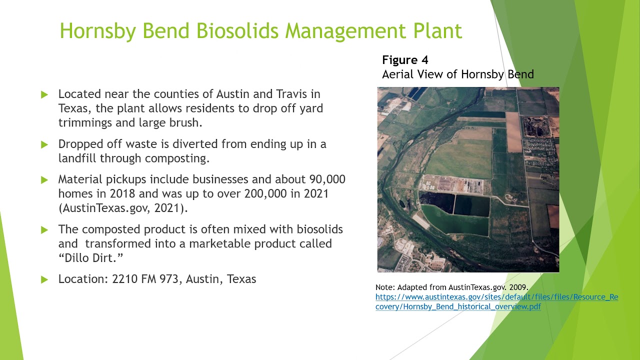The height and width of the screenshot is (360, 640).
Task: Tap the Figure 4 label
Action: pos(405,60)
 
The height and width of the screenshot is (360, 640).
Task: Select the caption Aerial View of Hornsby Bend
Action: pos(457,74)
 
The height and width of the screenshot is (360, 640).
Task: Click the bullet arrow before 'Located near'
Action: pos(44,94)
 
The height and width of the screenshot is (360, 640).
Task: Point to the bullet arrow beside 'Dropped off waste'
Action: pos(44,144)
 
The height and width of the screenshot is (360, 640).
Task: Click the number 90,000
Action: pos(327,179)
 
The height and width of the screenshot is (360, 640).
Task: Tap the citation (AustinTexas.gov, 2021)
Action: pos(123,208)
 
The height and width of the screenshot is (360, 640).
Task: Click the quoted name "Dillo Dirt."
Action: pos(90,258)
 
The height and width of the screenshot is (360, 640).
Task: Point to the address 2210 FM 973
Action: pos(145,279)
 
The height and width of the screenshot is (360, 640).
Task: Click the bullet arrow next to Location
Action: pos(44,279)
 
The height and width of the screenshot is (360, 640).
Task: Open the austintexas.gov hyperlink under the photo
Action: pos(496,301)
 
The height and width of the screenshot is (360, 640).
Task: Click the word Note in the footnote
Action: pos(385,287)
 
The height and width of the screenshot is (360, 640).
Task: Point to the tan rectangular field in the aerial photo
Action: pos(513,132)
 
